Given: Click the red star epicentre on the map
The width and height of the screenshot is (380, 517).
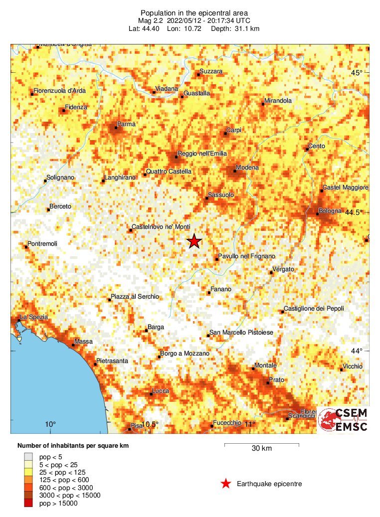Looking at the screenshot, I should point(194,241).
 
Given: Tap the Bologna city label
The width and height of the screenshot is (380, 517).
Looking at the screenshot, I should point(332,211).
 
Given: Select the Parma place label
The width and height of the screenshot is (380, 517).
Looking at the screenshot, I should point(126,124).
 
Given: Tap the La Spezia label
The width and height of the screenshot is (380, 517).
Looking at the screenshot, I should point(34,317).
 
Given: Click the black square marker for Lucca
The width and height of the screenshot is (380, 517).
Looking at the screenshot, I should point(152,394).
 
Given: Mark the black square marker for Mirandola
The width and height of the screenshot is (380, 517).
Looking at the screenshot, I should point(263,104).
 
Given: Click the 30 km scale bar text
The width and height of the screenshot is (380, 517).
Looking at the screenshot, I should point(261,449).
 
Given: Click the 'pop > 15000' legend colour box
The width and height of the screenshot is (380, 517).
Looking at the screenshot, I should point(29,504).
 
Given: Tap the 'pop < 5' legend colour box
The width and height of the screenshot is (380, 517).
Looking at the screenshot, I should point(29,456).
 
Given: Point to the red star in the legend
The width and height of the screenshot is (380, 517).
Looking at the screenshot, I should point(226,484).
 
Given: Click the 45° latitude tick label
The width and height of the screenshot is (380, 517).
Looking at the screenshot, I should point(357,73).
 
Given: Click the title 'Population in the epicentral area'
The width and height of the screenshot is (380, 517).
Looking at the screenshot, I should point(193,13).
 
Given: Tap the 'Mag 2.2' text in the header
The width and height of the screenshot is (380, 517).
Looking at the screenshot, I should point(151,21).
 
